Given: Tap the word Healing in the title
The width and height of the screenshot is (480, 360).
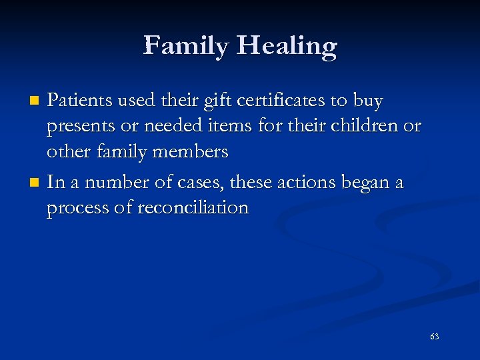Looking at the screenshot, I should point(287,47).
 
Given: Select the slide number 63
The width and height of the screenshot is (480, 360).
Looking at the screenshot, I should point(434,337).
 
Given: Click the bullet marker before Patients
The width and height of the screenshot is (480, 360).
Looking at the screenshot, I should point(37,101).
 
